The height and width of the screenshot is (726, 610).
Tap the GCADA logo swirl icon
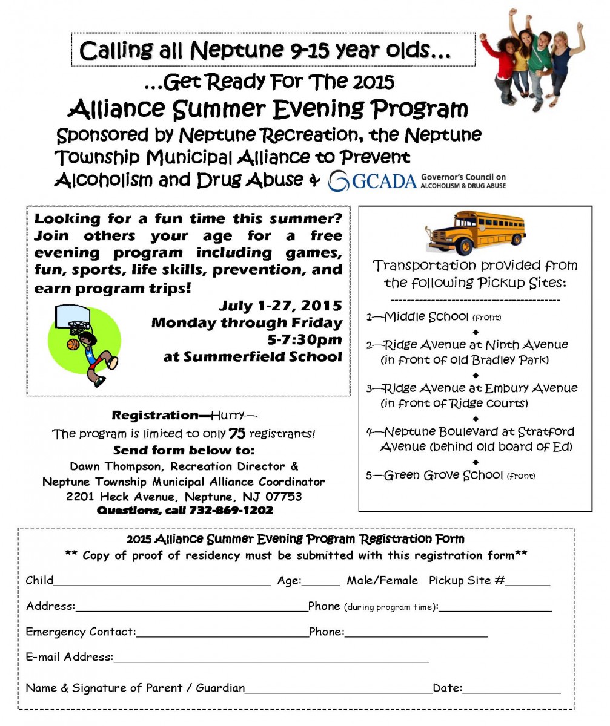339,181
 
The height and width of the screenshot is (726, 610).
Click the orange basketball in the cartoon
73,344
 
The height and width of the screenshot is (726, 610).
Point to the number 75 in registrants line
236,433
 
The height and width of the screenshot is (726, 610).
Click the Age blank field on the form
321,581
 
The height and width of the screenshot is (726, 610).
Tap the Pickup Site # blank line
528,581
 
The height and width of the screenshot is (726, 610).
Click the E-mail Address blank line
271,658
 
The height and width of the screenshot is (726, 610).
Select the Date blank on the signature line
512,688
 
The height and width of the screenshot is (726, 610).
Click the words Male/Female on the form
382,581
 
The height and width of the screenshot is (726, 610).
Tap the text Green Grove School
443,475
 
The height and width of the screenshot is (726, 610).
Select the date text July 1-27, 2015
280,306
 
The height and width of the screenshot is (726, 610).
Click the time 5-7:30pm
305,339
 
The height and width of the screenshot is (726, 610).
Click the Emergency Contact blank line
222,632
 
